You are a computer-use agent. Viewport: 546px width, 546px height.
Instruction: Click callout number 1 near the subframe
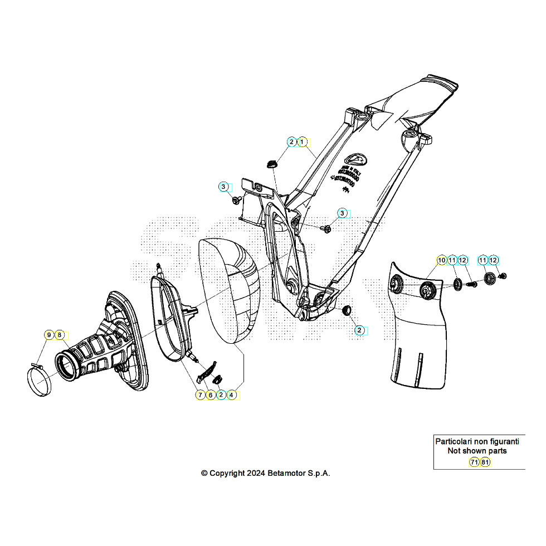302,142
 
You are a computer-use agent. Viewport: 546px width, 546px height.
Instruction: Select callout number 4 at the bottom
232,394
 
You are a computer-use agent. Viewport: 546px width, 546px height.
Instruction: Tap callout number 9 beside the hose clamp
49,335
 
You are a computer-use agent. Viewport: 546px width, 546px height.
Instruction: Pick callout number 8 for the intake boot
59,335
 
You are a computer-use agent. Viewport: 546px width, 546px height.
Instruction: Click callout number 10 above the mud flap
441,260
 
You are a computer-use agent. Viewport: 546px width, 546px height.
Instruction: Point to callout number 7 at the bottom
200,394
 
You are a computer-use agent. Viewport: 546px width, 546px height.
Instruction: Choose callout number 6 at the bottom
211,394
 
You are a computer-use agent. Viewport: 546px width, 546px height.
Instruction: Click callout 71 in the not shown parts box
474,462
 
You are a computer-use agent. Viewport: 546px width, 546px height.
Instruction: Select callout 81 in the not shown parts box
485,462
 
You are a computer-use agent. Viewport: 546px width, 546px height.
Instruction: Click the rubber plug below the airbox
346,309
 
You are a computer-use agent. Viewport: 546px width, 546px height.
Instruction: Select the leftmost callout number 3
223,186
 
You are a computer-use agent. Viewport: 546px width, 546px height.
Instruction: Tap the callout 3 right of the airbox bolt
343,213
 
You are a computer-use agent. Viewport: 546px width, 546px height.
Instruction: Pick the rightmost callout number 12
494,260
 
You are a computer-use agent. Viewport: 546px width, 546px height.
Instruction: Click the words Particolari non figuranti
477,441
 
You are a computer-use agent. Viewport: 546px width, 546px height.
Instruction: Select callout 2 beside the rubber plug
359,330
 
